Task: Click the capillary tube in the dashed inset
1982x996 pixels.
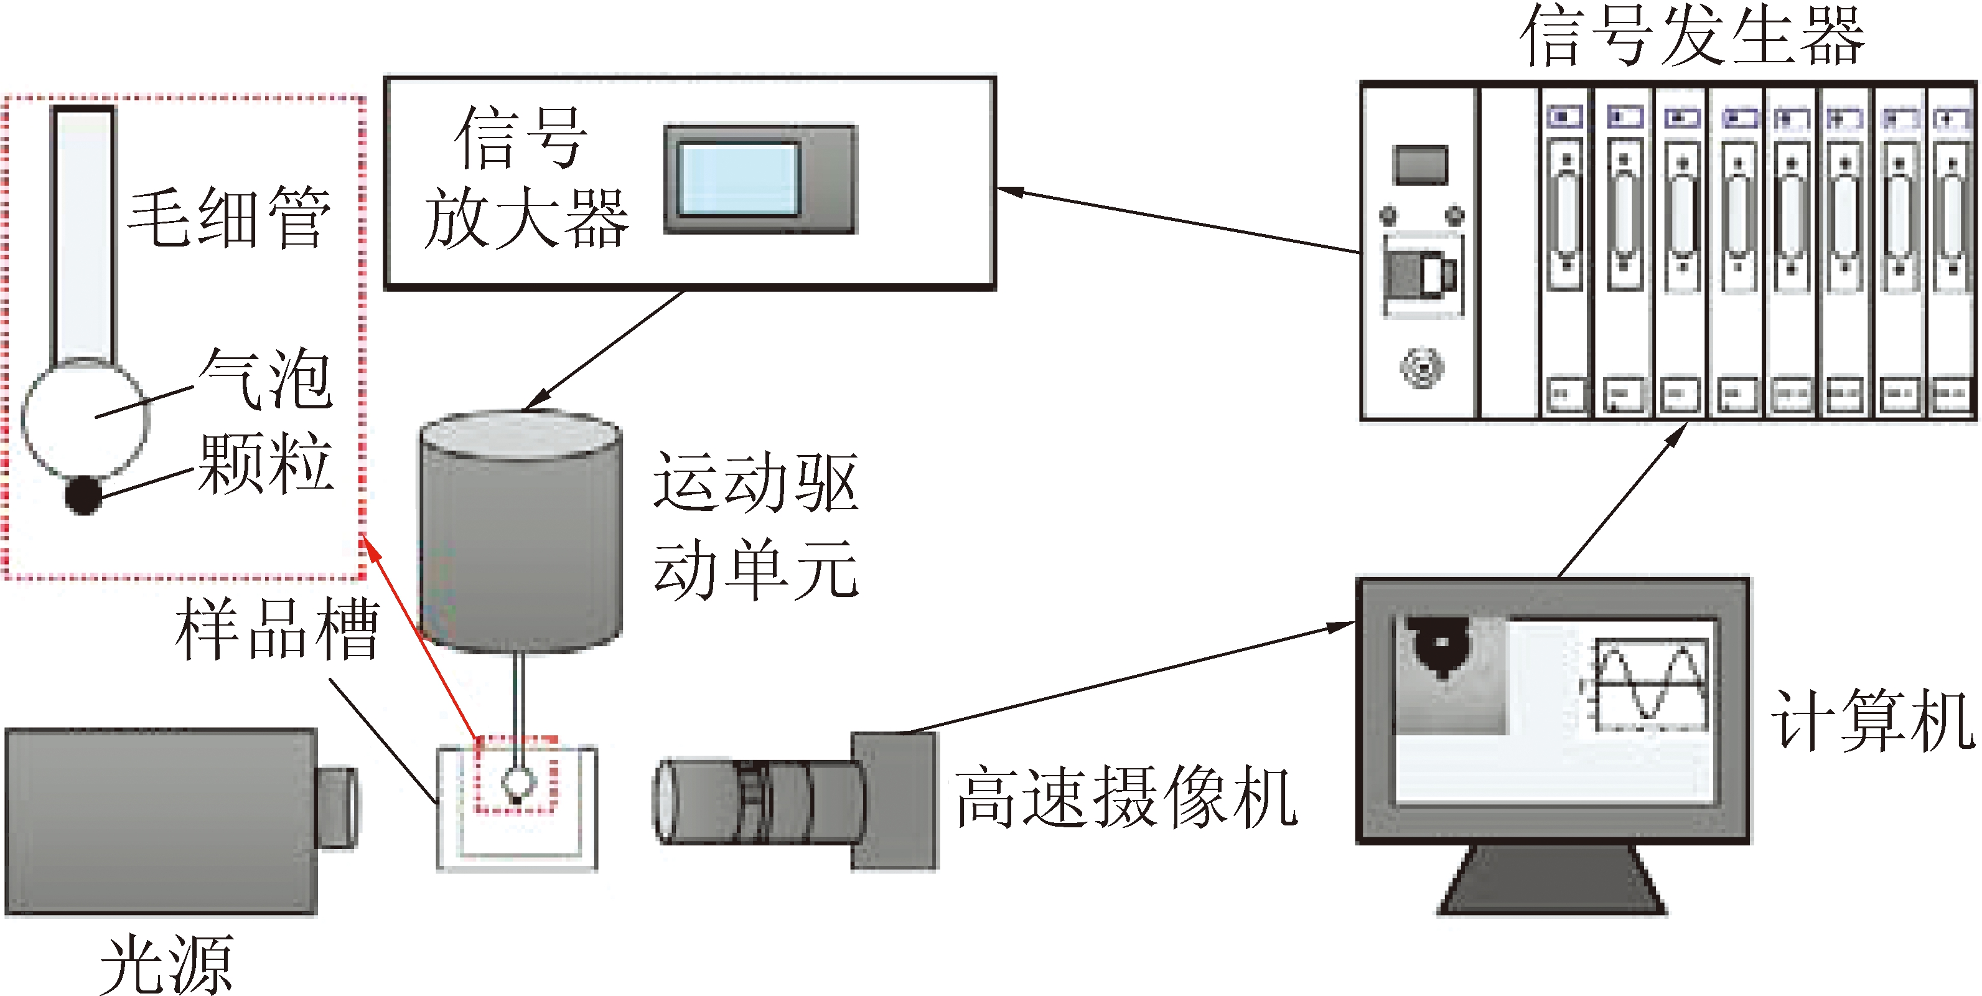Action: coord(84,231)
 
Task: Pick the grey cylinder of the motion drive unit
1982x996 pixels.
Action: coord(520,531)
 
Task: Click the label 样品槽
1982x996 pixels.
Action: coord(277,629)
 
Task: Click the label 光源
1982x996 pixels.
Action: coord(166,964)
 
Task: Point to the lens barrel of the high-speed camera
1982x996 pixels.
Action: coord(758,801)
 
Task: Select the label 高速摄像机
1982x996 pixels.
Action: coord(1126,798)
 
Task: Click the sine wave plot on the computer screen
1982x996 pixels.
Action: coord(1650,684)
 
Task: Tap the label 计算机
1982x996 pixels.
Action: coord(1872,720)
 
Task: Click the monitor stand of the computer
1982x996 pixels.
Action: coord(1553,881)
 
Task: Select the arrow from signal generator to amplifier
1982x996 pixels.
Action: coord(1177,219)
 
